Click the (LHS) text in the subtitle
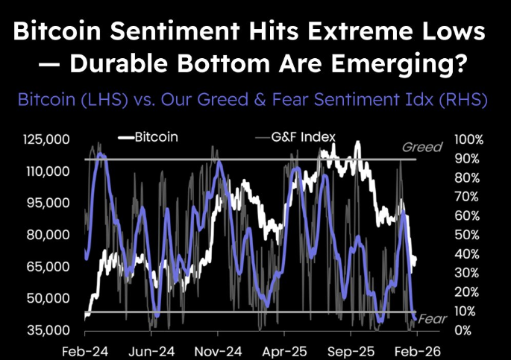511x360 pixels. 99,100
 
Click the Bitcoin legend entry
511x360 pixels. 156,137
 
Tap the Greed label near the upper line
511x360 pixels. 421,148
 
